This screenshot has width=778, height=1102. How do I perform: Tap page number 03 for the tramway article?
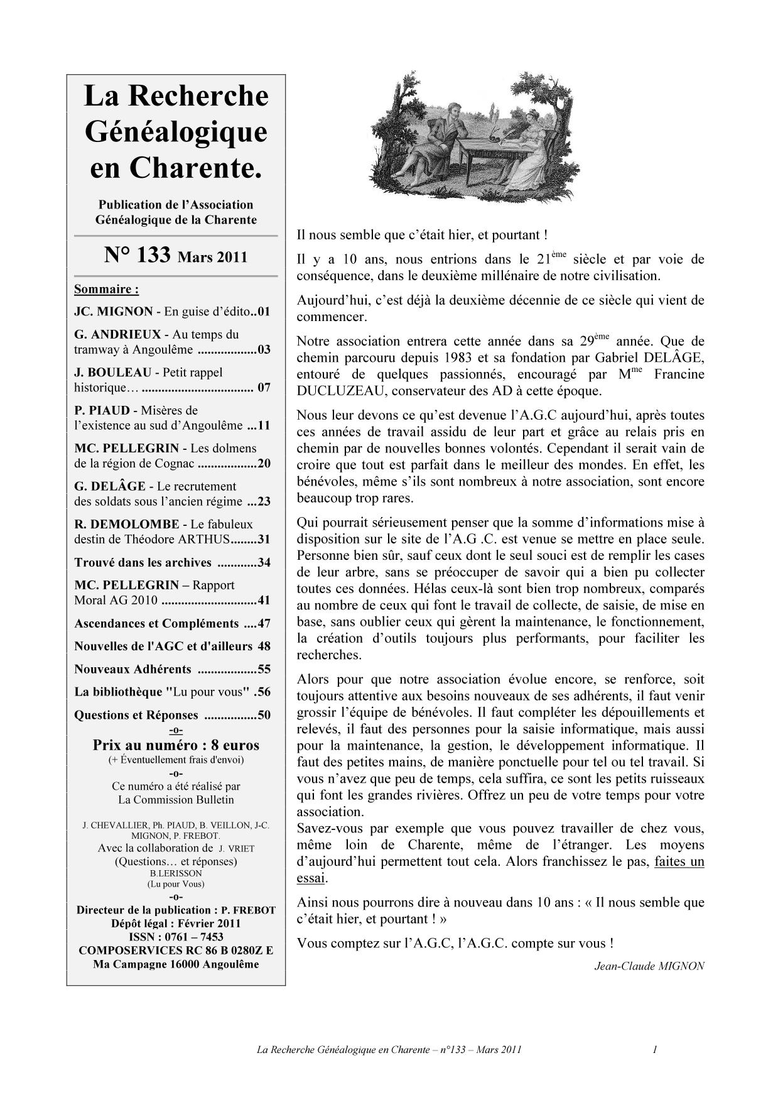click(264, 350)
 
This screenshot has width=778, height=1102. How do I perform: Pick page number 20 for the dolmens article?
click(264, 464)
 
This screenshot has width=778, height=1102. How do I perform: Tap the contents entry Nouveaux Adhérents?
click(132, 669)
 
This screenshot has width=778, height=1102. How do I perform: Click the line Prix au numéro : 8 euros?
click(176, 745)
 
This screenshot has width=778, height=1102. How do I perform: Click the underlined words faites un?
click(679, 861)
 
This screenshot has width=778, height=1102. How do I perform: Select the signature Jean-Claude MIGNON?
click(649, 966)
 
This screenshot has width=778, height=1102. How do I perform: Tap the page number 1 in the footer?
click(655, 1050)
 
